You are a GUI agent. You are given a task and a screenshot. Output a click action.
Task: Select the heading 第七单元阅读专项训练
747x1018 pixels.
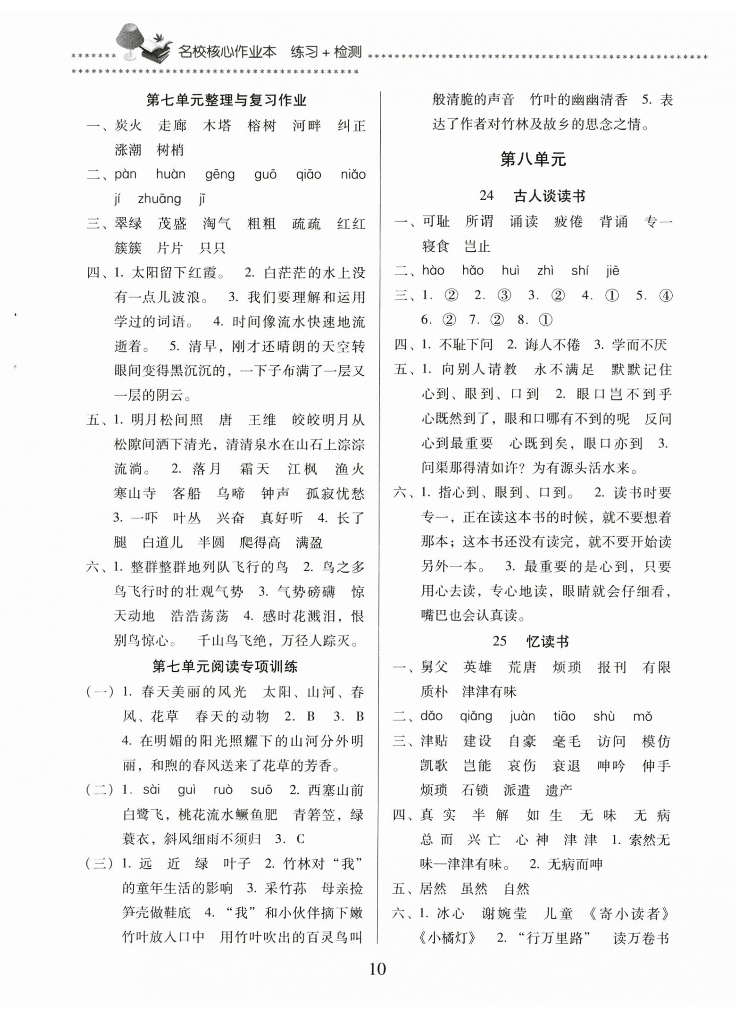[x=225, y=666]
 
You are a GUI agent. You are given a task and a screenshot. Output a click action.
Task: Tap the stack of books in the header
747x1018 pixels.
[x=156, y=51]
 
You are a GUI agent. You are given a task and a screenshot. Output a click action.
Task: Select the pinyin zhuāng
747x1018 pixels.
[x=159, y=199]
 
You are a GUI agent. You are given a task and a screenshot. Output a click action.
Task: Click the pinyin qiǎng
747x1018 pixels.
[x=476, y=716]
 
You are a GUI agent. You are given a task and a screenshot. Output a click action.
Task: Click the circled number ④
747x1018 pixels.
[x=666, y=296]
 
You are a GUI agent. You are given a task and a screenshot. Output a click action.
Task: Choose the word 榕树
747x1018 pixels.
[x=262, y=126]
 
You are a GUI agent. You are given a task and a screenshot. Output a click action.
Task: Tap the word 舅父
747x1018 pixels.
[x=434, y=667]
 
